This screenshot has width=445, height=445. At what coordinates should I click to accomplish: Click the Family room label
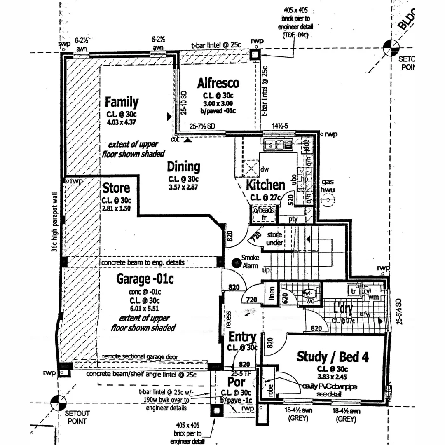[122, 102]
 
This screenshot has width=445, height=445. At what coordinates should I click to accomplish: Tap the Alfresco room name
[218, 83]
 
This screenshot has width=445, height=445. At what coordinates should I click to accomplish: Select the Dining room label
[183, 167]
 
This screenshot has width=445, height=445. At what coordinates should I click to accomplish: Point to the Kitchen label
[265, 185]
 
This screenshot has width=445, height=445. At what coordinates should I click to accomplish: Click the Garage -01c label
[145, 279]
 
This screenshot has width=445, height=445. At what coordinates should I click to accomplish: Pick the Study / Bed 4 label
[333, 356]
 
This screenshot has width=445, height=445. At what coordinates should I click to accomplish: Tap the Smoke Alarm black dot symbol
[236, 262]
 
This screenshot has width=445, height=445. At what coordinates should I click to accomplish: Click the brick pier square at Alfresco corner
[255, 54]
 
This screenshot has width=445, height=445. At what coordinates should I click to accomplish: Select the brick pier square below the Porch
[216, 411]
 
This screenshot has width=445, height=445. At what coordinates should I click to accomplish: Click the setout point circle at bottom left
[58, 403]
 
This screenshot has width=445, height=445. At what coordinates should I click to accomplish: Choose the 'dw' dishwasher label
[265, 169]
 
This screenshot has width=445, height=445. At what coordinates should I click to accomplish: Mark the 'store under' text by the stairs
[274, 239]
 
